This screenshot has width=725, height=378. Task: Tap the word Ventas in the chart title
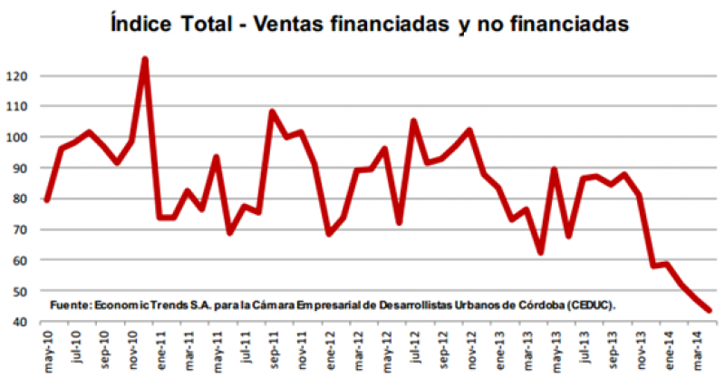[282, 21]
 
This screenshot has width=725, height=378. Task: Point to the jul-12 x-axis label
[412, 348]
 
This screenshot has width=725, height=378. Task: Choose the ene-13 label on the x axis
[498, 348]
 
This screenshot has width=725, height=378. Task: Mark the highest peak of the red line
[145, 60]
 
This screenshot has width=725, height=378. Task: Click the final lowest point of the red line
[710, 310]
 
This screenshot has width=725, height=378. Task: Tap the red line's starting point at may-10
[46, 200]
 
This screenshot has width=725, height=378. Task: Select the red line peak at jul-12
[413, 121]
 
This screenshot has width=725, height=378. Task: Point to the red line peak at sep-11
[272, 111]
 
